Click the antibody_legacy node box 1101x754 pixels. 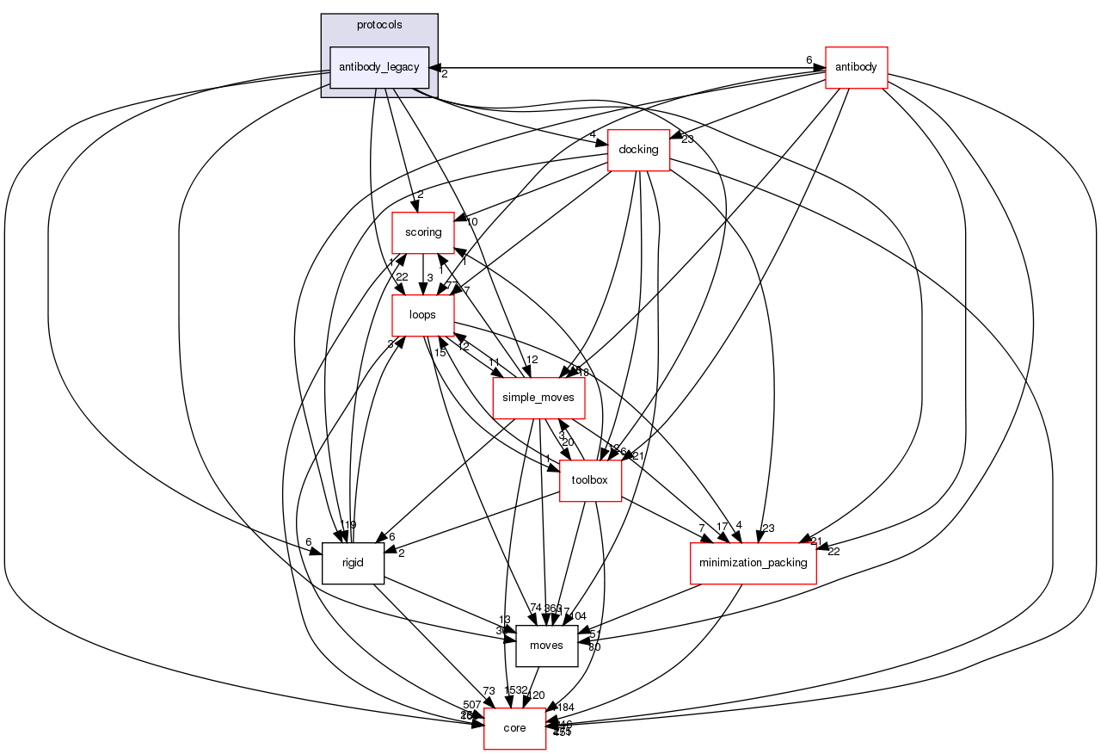[x=379, y=67]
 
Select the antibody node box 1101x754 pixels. [x=856, y=67]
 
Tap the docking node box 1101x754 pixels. [x=638, y=150]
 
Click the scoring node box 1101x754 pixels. [x=423, y=232]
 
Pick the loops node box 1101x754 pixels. [x=422, y=315]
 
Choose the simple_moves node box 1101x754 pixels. [x=538, y=399]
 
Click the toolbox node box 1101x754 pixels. [x=590, y=481]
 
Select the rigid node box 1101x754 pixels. [x=353, y=563]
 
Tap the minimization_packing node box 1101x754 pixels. [x=753, y=563]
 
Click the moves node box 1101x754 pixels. [x=546, y=646]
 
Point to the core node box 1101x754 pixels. [x=514, y=728]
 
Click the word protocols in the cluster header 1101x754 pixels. [x=379, y=25]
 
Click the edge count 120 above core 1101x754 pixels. [x=536, y=695]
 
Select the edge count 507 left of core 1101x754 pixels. [x=471, y=705]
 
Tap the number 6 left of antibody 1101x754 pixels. [x=809, y=59]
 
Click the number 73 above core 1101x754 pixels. [x=489, y=691]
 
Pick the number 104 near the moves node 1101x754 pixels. [x=575, y=616]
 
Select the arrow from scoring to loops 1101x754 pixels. [x=422, y=274]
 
